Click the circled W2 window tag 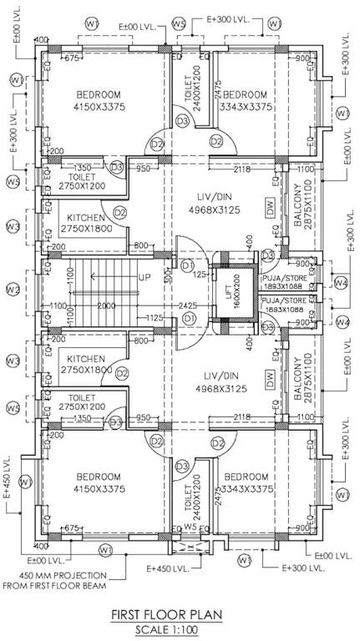click(13, 290)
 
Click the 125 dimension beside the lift click(200, 273)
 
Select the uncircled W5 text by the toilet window click(190, 527)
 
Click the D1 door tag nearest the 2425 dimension click(188, 318)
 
